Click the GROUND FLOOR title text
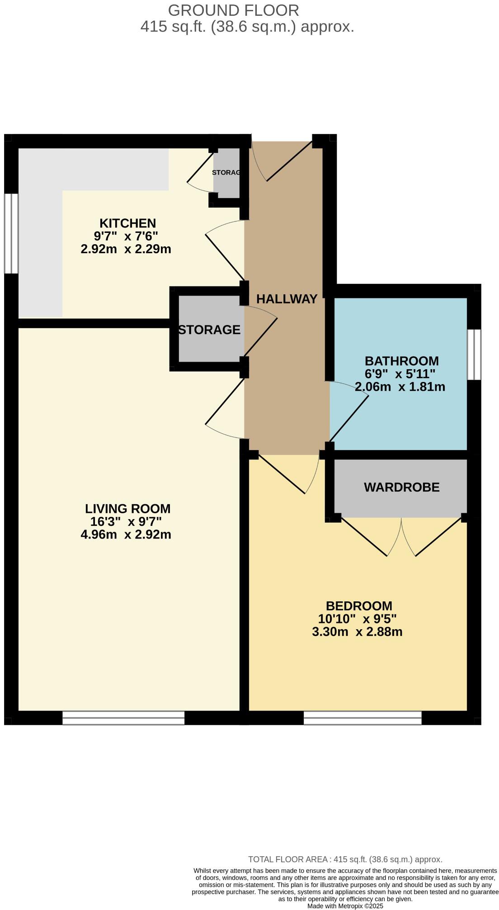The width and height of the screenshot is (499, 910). [x=233, y=10]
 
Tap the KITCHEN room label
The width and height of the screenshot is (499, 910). [x=127, y=223]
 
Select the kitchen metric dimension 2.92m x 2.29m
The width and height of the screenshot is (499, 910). [x=126, y=249]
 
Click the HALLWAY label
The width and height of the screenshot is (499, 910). [x=287, y=299]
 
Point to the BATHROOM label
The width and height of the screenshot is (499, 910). [x=401, y=361]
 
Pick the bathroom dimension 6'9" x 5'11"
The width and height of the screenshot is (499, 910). [x=400, y=374]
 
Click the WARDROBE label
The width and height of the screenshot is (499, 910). [x=401, y=487]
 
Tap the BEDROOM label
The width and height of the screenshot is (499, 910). [x=359, y=606]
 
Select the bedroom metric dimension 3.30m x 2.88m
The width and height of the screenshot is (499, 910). [x=357, y=631]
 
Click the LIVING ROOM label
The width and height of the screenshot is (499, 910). [x=128, y=509]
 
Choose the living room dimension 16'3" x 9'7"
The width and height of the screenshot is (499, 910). [x=126, y=522]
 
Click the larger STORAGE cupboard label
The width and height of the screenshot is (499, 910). [x=209, y=330]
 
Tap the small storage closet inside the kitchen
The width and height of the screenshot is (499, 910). [x=226, y=173]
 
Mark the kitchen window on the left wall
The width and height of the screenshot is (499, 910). [x=11, y=233]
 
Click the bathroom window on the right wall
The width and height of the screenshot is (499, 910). [x=474, y=354]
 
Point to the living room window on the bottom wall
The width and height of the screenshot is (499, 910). [x=123, y=718]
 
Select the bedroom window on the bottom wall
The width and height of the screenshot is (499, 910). [x=362, y=718]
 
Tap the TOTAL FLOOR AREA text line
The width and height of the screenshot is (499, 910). [x=345, y=859]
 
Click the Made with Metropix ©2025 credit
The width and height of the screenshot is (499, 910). [x=345, y=906]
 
